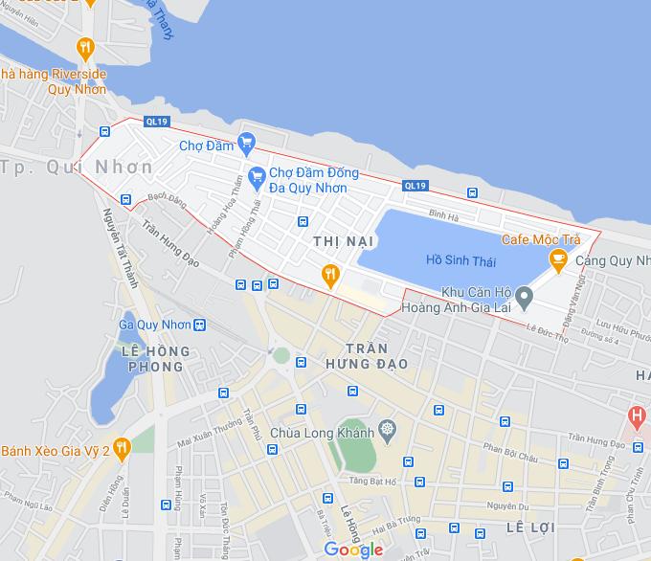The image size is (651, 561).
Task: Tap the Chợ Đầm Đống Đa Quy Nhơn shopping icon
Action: (x=256, y=176)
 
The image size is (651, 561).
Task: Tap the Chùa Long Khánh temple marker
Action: (x=387, y=428)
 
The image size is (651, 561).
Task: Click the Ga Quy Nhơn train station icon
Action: (x=199, y=325)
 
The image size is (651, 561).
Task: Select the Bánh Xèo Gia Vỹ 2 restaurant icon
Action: (x=121, y=446)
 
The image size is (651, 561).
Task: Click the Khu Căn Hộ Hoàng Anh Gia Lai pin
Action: (x=525, y=300)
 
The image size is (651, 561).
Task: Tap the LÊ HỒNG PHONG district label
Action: (x=153, y=359)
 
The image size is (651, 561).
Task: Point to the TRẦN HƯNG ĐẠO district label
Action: (x=365, y=356)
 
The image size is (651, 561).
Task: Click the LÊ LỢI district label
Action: (x=529, y=527)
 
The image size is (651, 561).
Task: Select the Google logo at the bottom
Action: (x=353, y=549)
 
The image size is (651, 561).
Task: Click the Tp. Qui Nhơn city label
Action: (x=78, y=167)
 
